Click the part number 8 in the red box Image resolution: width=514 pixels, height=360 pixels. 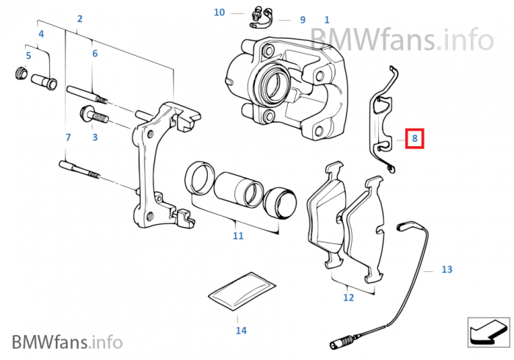[414, 137]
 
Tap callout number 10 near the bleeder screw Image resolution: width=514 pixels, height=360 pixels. [220, 12]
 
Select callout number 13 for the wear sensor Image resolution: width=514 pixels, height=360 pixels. [447, 270]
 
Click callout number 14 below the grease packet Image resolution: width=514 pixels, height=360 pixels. [241, 331]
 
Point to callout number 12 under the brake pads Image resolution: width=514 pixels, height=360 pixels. [348, 298]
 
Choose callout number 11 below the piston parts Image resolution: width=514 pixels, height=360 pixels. [238, 236]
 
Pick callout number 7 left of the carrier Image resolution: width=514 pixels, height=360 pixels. [68, 137]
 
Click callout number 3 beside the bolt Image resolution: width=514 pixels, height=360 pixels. [95, 137]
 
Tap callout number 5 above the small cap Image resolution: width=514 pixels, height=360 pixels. [29, 56]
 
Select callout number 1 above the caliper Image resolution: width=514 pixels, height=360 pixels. [327, 20]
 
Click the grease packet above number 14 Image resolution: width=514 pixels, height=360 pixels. [240, 292]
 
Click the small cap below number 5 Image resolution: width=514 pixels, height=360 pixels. [22, 73]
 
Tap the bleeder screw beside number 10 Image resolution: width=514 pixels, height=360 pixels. [257, 12]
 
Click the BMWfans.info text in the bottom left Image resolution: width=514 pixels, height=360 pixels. [67, 341]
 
